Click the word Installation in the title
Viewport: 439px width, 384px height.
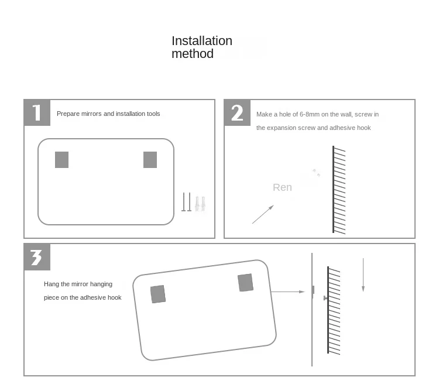click(202, 41)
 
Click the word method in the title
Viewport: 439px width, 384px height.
click(193, 53)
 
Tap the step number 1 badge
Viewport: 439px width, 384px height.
click(37, 112)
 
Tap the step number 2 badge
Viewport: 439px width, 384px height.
click(237, 112)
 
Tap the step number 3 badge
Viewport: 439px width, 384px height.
click(37, 257)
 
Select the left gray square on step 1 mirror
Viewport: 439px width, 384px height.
click(62, 160)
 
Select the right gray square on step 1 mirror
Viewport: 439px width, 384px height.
click(150, 160)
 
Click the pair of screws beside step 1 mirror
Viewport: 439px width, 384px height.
click(187, 202)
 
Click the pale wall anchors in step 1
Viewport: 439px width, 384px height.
click(200, 204)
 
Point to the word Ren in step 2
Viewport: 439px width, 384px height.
click(282, 187)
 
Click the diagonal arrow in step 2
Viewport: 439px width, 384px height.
click(263, 214)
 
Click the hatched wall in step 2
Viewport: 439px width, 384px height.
click(339, 190)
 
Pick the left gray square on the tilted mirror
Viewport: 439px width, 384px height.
click(158, 294)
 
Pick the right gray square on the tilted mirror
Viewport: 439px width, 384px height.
click(245, 283)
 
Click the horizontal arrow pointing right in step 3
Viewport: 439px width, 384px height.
click(287, 292)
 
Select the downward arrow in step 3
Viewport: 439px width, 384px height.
click(363, 275)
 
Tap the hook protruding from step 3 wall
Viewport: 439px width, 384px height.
click(325, 298)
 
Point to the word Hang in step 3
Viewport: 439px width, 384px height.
click(52, 284)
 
